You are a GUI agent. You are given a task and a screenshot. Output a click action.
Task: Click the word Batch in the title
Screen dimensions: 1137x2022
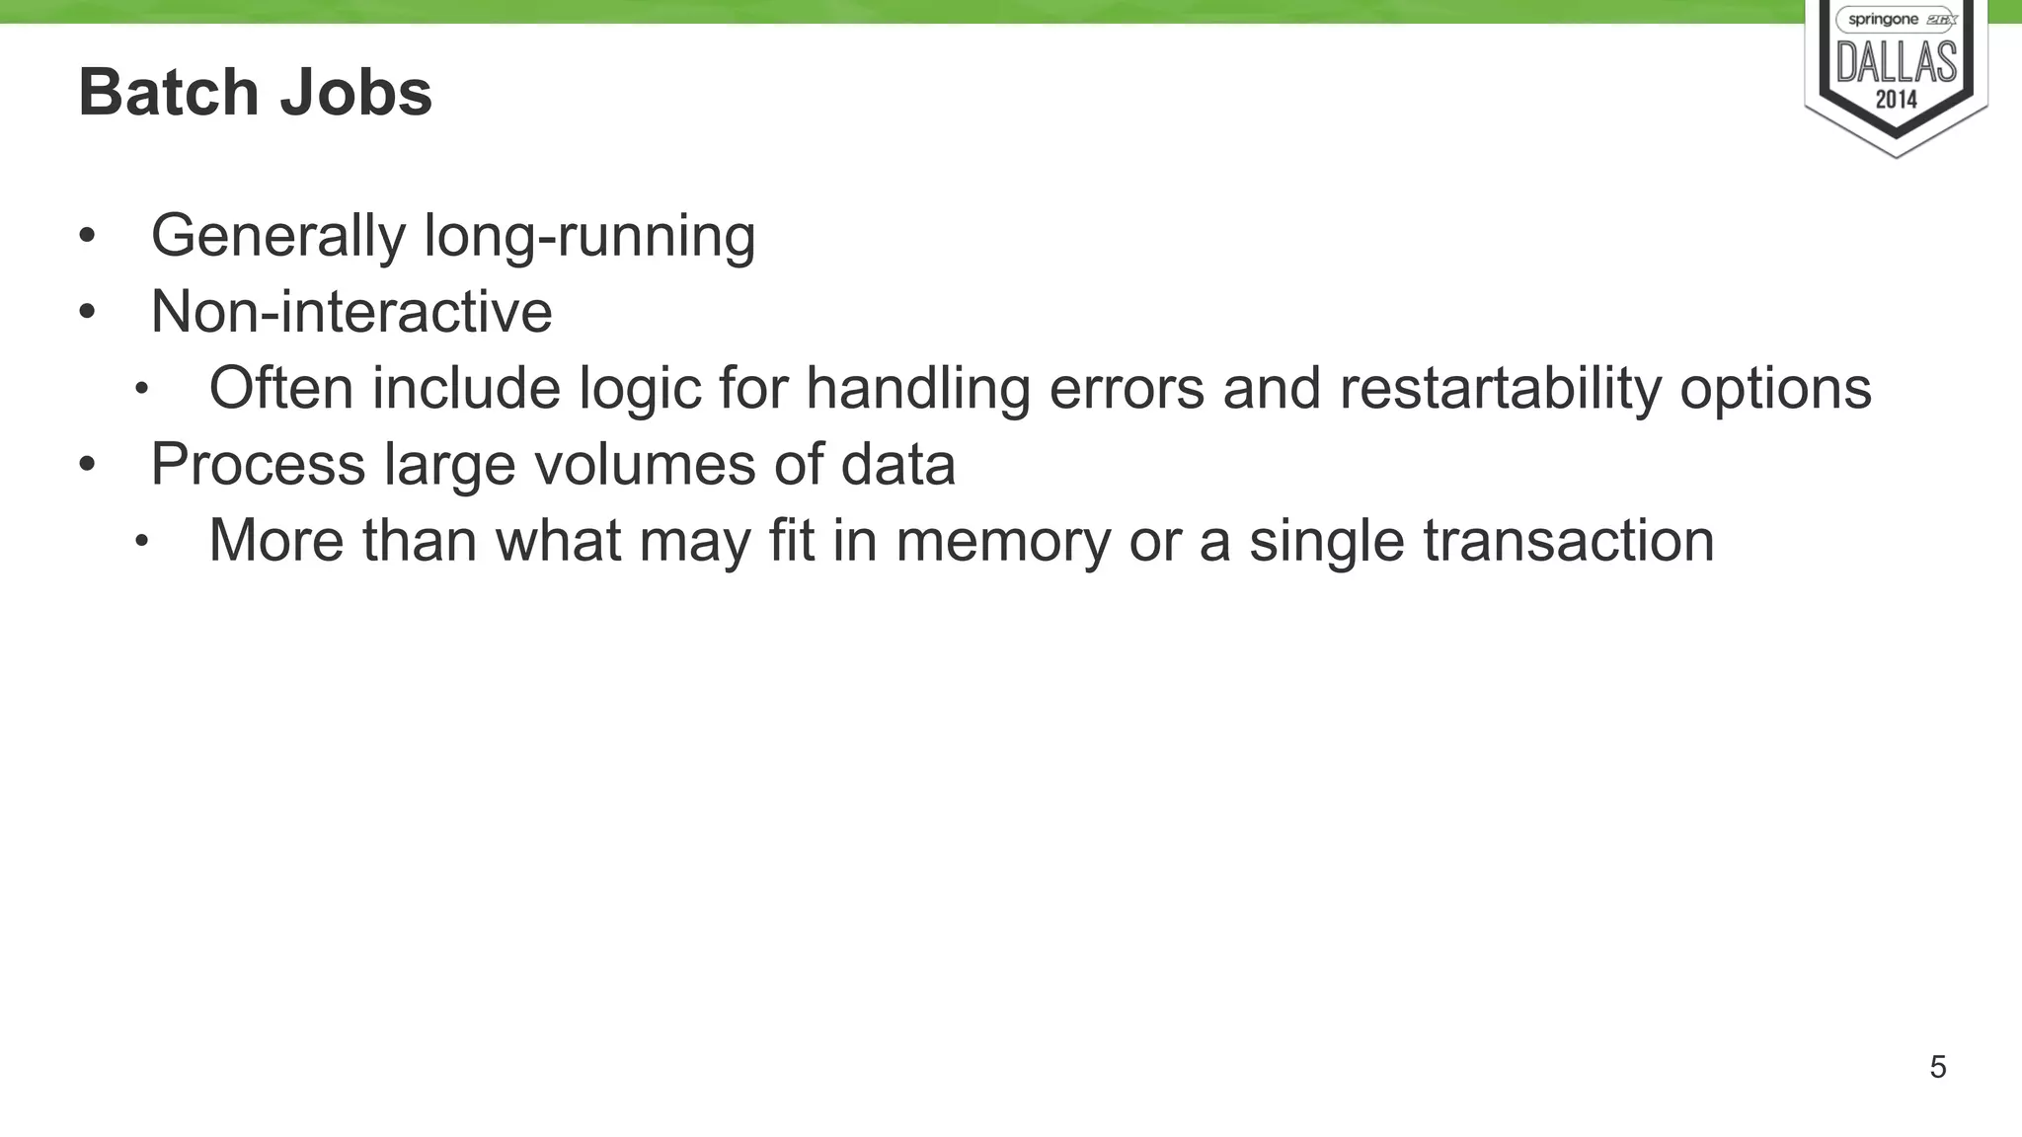click(168, 93)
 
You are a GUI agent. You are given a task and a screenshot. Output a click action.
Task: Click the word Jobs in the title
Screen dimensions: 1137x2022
click(356, 93)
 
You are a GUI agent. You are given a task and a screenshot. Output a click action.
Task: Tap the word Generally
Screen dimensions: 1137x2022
click(277, 237)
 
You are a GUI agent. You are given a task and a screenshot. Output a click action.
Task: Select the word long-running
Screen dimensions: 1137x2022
click(589, 237)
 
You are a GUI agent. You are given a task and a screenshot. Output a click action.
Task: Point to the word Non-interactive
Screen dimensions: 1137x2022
click(350, 312)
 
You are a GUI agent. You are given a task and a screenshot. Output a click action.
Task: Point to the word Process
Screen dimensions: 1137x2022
click(258, 464)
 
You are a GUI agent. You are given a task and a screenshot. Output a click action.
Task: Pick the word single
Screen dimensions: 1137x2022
click(1326, 541)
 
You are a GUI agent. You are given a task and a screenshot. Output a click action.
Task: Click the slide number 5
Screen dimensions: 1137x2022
click(1937, 1067)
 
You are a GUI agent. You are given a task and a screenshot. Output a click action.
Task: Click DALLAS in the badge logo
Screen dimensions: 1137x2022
click(1896, 63)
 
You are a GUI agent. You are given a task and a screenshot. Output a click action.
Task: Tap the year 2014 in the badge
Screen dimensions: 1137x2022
click(1896, 99)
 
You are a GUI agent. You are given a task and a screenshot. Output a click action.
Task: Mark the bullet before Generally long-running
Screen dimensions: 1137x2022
click(87, 237)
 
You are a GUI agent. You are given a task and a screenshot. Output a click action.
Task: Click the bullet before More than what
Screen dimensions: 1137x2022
click(141, 541)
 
